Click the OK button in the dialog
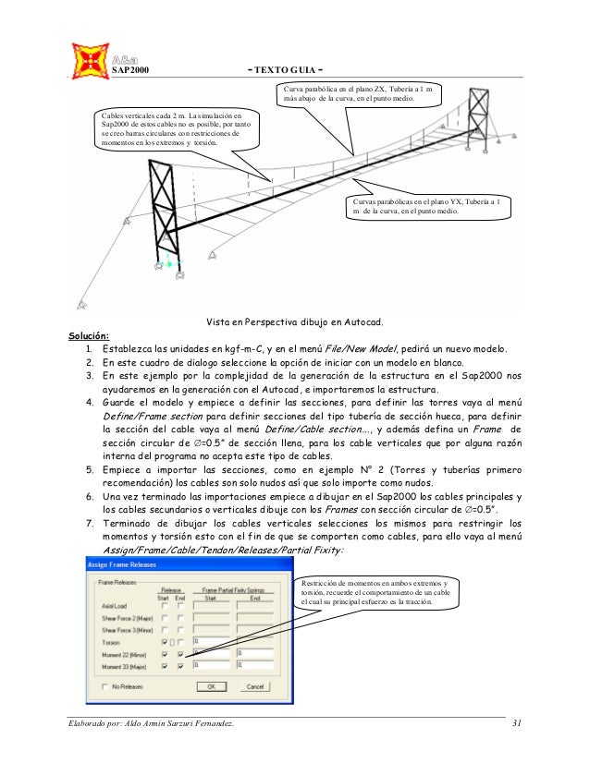211,686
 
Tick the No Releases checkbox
104,686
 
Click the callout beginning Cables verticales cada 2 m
175,128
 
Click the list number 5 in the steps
89,470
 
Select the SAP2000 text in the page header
130,70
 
